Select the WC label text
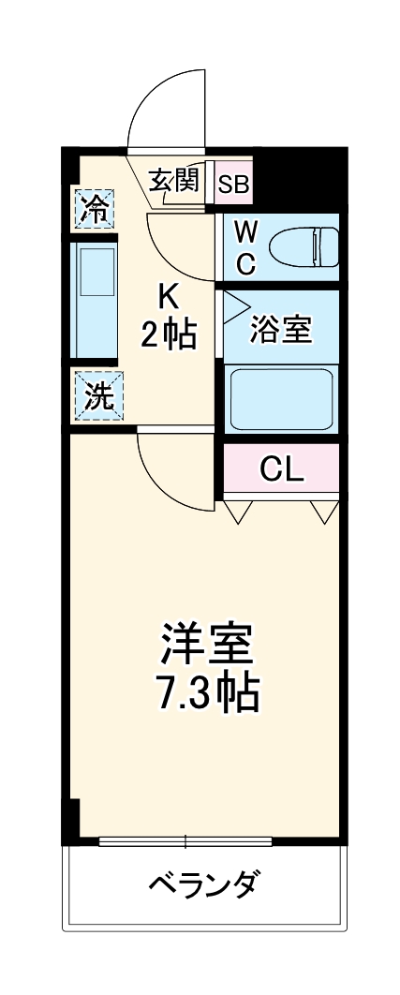click(x=244, y=247)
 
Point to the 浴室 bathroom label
click(x=281, y=330)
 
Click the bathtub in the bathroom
click(x=282, y=398)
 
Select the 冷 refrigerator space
click(x=95, y=209)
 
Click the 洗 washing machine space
click(x=96, y=397)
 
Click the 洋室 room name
click(x=205, y=646)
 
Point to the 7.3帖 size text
click(x=205, y=692)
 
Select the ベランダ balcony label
click(x=204, y=884)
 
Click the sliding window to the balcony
click(x=185, y=839)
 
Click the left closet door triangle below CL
click(x=238, y=511)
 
